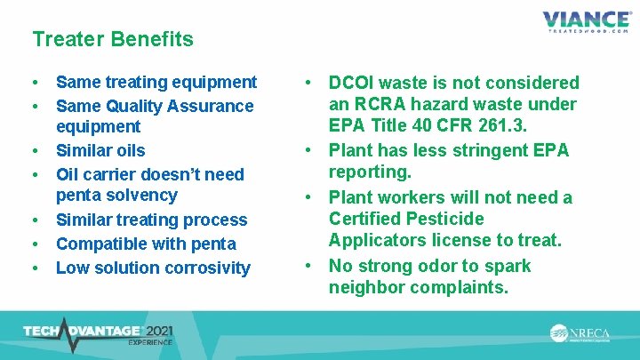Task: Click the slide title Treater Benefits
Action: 112,39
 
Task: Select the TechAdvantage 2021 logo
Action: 99,334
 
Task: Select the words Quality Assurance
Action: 175,106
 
